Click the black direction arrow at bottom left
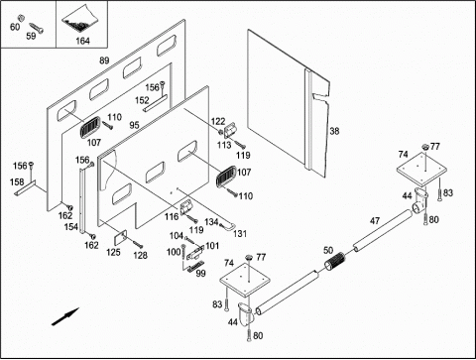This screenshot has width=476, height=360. [65, 316]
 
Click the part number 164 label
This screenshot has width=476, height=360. [82, 41]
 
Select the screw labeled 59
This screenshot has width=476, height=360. [37, 28]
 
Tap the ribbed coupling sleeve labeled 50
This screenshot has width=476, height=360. [335, 261]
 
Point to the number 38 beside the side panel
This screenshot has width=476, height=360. [334, 131]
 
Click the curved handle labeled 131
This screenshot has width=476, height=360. [229, 226]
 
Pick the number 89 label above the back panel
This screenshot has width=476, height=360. [104, 60]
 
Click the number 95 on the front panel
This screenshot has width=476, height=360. [134, 125]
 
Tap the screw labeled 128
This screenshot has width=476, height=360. [138, 244]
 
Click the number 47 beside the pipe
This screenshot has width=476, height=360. [375, 220]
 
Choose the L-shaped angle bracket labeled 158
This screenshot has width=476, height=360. [27, 189]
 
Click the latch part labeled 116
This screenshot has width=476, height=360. [186, 208]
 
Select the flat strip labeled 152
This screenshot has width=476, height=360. [155, 103]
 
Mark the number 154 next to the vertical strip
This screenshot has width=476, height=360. [71, 227]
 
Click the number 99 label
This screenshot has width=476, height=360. [200, 274]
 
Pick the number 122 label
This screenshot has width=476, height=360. [218, 121]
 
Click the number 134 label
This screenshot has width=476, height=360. [211, 222]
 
